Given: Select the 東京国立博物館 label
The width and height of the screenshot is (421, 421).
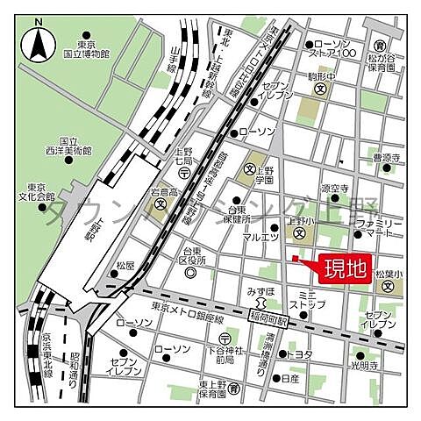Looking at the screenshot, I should click(91, 49).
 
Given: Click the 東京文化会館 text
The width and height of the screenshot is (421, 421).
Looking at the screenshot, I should click(40, 191).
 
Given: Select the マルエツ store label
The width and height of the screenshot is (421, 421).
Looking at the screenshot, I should click(261, 237).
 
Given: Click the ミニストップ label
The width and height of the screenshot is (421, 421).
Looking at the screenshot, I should click(312, 299).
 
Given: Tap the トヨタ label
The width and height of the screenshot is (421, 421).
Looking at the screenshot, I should click(301, 353).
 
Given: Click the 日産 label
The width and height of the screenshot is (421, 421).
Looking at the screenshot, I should click(290, 378).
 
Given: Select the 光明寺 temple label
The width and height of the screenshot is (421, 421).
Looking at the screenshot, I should click(382, 363).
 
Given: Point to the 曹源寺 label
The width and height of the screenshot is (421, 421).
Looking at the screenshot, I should click(386, 158).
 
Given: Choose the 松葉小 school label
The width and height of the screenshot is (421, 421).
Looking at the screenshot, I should click(388, 275).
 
